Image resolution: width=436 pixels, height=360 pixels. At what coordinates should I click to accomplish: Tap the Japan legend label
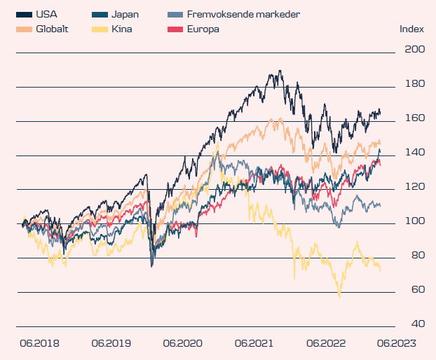125,14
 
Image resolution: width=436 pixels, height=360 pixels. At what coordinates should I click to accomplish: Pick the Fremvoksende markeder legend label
245,14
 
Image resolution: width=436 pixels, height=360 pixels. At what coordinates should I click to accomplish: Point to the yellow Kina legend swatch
100,29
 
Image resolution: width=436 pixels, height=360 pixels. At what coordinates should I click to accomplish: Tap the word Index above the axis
411,29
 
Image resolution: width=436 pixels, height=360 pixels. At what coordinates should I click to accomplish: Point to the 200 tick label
415,50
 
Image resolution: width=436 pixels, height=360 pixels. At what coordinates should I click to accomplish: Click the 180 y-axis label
415,84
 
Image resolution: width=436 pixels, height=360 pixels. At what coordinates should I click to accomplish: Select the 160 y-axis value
415,118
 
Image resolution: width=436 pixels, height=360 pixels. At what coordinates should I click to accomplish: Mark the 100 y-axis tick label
415,221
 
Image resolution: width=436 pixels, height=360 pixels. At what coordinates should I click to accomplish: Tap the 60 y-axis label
416,290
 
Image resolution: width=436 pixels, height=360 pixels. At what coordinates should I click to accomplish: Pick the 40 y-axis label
416,324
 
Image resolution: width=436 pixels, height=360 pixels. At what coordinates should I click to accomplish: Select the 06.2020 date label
182,344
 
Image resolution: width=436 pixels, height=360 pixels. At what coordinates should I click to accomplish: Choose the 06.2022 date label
327,344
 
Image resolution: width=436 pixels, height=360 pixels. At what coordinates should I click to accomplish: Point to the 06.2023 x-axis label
398,344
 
